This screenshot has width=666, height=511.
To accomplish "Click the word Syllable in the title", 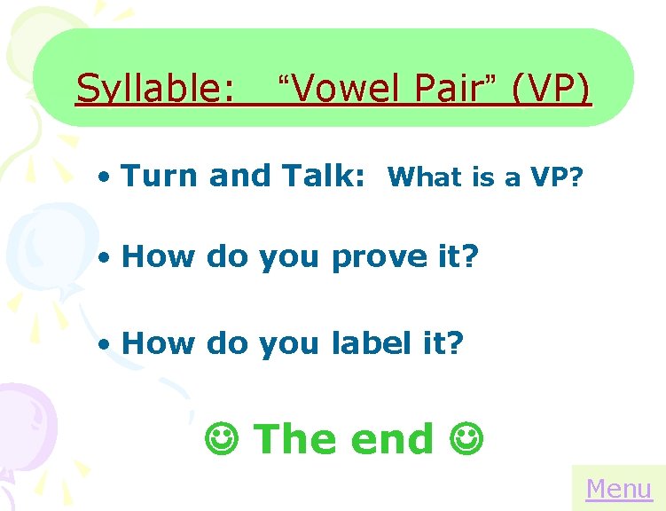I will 155,89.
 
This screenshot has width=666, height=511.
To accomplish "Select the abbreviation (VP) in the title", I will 550,89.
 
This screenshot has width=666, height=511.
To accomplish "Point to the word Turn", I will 161,177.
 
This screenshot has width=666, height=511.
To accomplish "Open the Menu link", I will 618,489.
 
